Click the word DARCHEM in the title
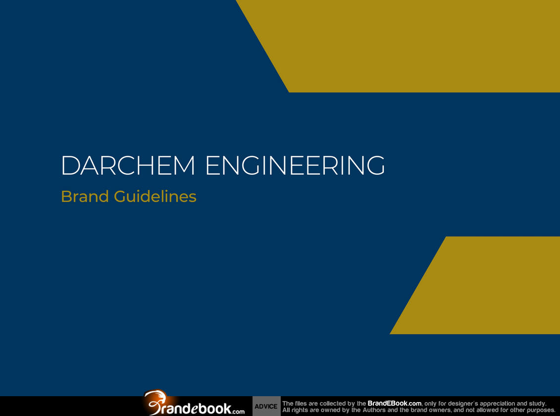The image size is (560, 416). tap(128, 165)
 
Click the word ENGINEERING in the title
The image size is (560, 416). tap(296, 165)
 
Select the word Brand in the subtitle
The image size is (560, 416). tap(85, 197)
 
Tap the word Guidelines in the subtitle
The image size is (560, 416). tap(155, 197)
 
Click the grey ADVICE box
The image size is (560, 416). tap(266, 407)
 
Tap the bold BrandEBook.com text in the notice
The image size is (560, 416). tap(394, 404)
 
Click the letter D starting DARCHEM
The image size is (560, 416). tap(70, 165)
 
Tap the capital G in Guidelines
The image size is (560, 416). tap(121, 197)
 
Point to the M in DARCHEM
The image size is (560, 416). tap(185, 165)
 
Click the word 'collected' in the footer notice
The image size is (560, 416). tap(332, 404)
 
